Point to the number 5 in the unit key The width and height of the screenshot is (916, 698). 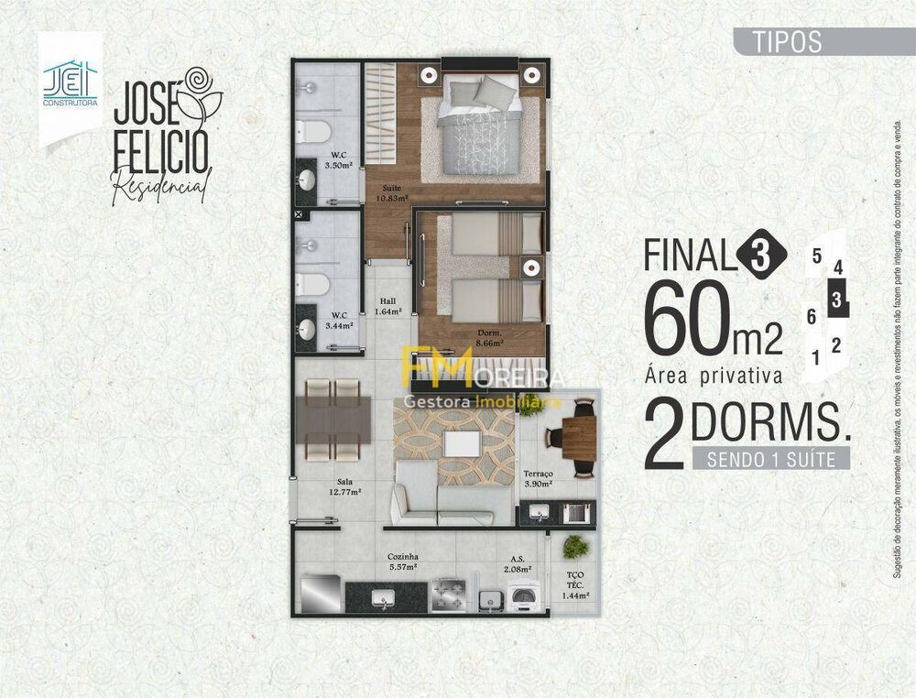pos(816,256)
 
